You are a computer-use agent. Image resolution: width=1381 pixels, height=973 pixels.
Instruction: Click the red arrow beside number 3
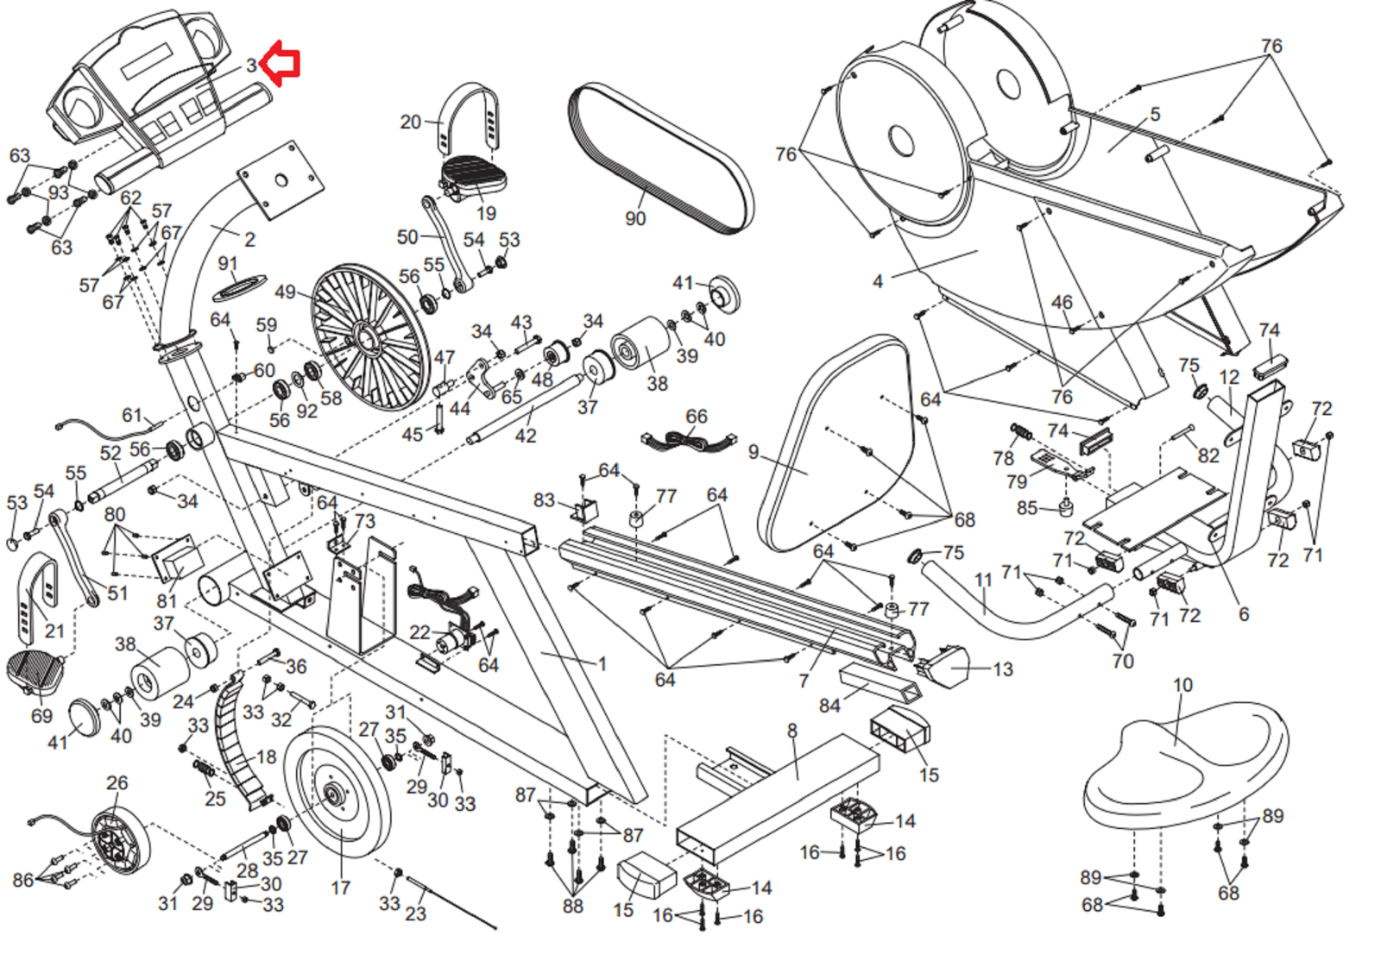[x=281, y=63]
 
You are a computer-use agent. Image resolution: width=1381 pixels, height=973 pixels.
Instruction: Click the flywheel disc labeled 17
[x=337, y=794]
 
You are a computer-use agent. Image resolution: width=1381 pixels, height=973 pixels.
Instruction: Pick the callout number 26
[x=117, y=782]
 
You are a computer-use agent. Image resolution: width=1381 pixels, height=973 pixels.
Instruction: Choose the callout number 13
[x=1002, y=669]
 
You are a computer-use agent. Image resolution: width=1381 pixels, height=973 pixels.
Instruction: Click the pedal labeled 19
[x=473, y=176]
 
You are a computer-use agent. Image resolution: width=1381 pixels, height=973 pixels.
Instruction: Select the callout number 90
[x=635, y=219]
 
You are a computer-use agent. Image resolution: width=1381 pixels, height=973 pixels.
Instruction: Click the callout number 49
[x=286, y=292]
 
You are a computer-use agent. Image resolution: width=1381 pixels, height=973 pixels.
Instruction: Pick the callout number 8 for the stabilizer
[x=791, y=731]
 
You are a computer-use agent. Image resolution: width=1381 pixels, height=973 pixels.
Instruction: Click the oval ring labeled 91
[x=239, y=286]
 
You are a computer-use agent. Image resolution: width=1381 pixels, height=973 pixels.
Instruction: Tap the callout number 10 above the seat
[x=1182, y=685]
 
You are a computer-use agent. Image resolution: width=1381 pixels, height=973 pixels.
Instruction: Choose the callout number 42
[x=526, y=436]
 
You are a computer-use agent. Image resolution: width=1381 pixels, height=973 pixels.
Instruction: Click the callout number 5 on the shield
[x=1155, y=114]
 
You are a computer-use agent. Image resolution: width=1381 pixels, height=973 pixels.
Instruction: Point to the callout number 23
[x=416, y=913]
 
